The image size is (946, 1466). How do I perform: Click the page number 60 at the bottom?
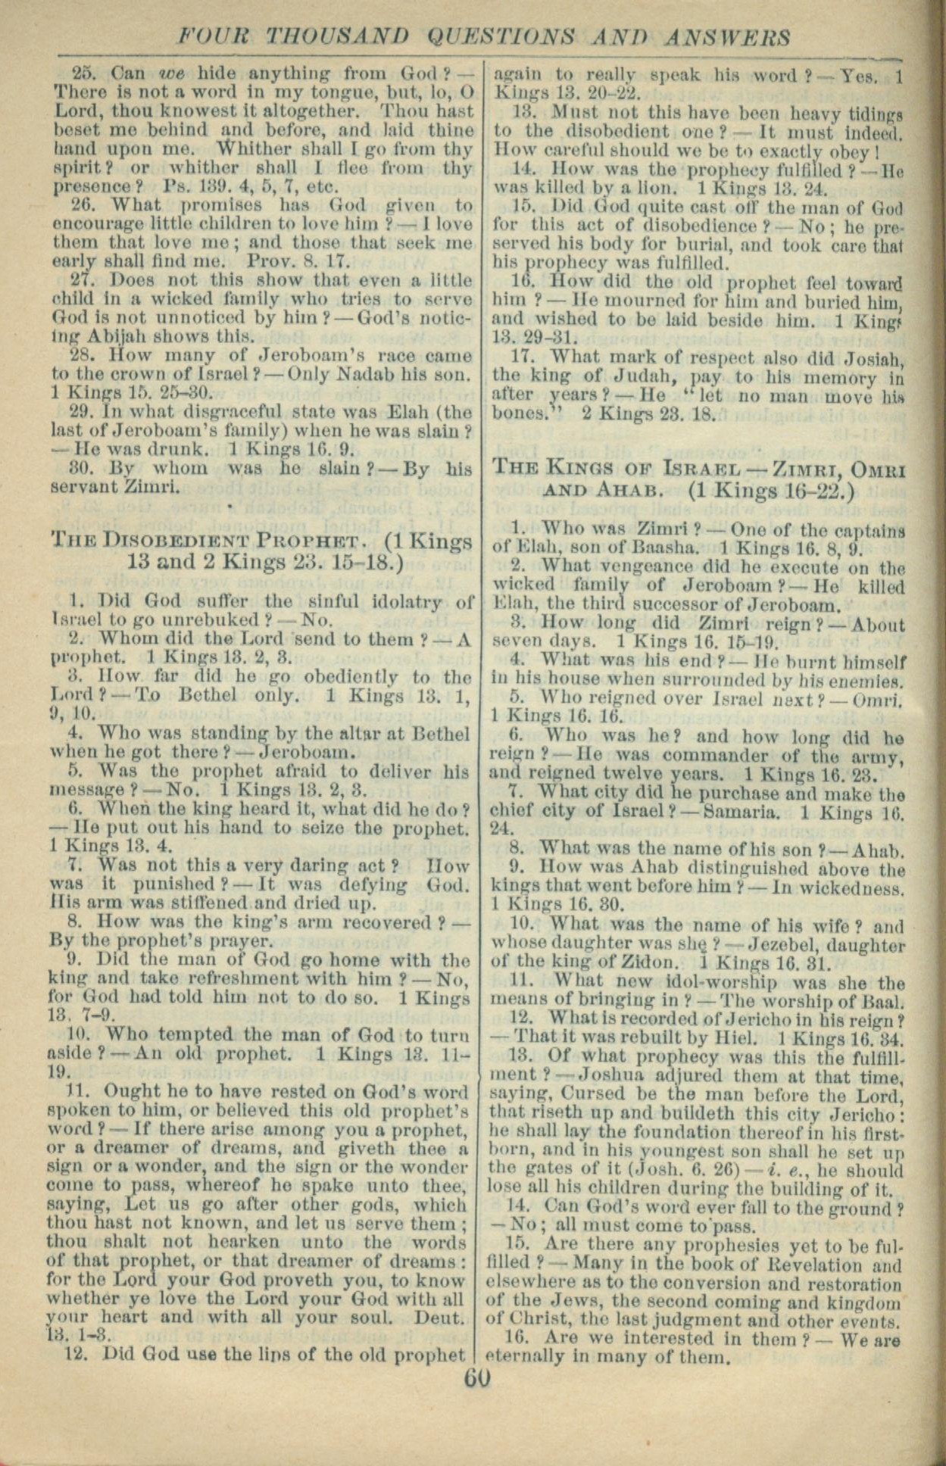(x=478, y=1376)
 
